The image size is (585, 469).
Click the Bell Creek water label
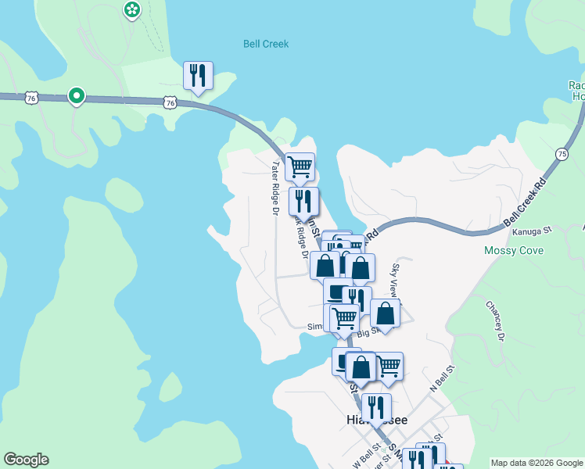(266, 44)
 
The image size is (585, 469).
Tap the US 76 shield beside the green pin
(31, 97)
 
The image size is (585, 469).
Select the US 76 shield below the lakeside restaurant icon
(170, 102)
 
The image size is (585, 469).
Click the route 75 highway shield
(562, 155)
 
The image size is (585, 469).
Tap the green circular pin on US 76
(76, 95)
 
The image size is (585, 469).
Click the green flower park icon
(132, 9)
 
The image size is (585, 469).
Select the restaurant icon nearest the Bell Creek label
(197, 76)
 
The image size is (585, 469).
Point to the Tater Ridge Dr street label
(275, 188)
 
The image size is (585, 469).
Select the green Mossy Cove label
(514, 250)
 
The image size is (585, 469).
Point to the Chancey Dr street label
(494, 320)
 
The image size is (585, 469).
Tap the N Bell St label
(442, 378)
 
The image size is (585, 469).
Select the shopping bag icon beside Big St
(385, 313)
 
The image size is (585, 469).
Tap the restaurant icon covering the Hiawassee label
(376, 407)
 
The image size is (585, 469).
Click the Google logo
(26, 460)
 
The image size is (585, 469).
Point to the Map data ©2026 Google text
(536, 463)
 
